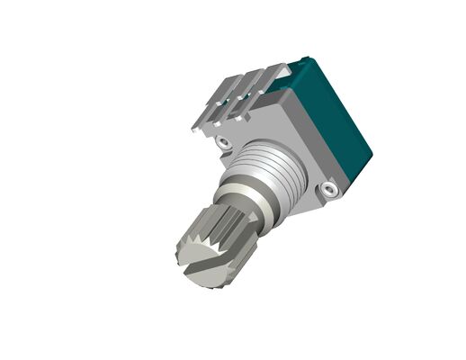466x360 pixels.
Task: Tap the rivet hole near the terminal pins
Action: coord(223,141)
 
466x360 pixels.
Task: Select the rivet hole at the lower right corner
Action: coord(330,190)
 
